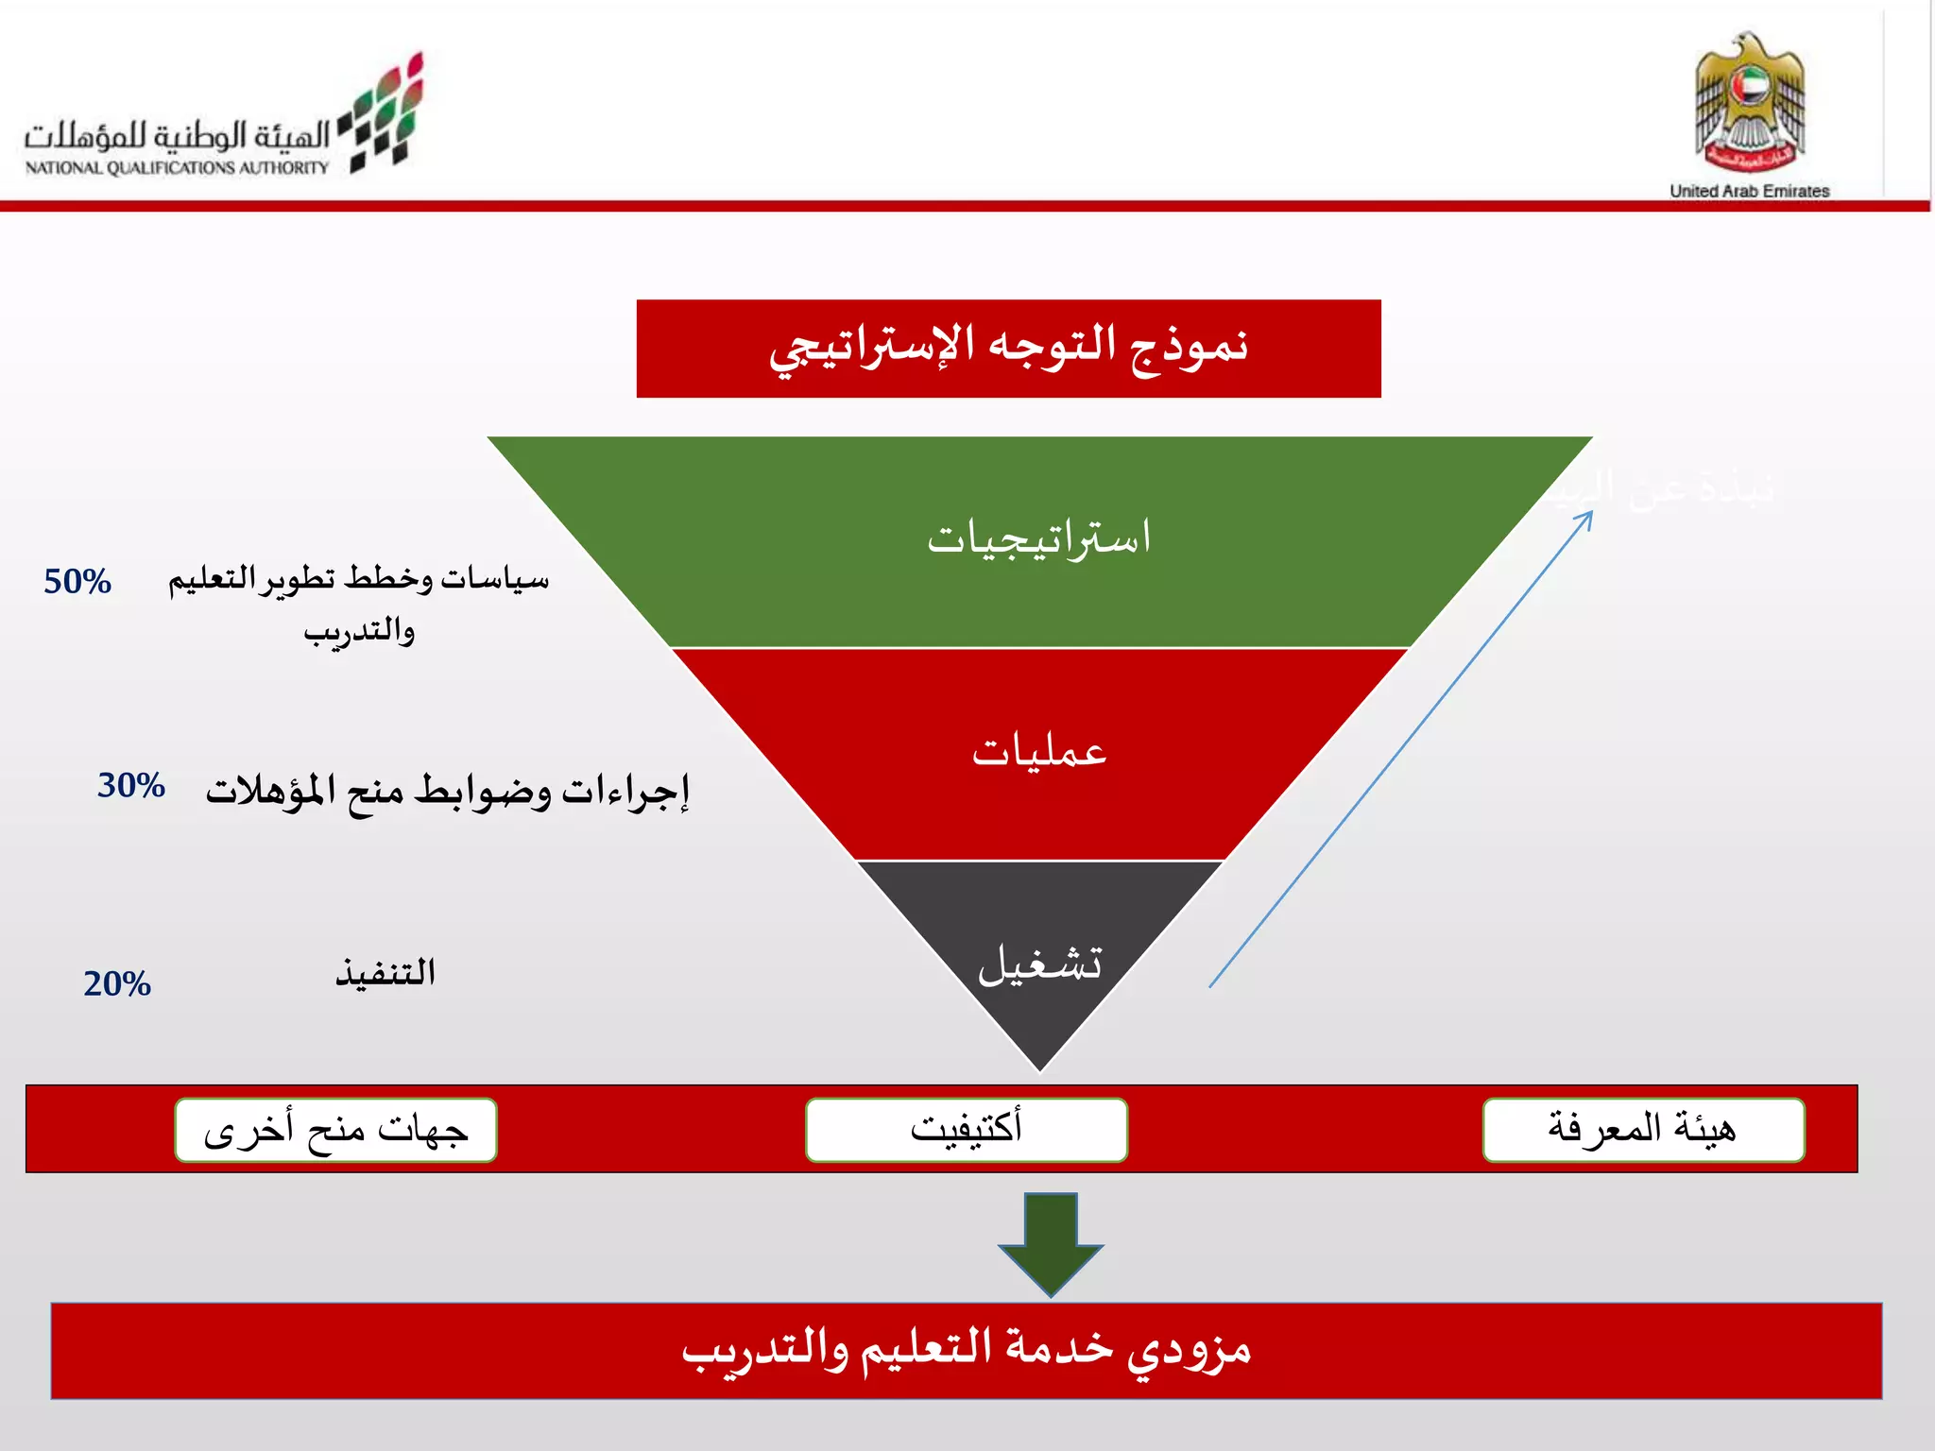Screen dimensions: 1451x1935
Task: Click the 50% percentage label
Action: click(77, 582)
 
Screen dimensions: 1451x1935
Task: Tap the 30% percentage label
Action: click(131, 786)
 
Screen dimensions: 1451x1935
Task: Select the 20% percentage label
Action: click(117, 984)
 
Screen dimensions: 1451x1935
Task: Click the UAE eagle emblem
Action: click(1749, 104)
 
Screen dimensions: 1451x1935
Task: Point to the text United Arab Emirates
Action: click(1749, 191)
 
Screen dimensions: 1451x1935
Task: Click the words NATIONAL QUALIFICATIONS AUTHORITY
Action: click(177, 168)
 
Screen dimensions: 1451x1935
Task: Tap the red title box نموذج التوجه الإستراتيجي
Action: click(1008, 349)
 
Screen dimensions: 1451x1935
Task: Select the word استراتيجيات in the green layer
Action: click(1039, 538)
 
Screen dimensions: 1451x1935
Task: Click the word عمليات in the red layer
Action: click(1039, 752)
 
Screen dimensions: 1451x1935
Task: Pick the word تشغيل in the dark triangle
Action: click(1039, 964)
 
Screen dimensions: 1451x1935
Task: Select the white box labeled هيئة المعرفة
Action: click(1643, 1129)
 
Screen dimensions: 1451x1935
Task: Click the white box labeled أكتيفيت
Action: click(966, 1129)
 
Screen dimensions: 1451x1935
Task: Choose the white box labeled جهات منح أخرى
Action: click(335, 1129)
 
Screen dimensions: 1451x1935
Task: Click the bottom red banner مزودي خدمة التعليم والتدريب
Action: click(966, 1350)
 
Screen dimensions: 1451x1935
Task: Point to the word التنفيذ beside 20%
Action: click(385, 973)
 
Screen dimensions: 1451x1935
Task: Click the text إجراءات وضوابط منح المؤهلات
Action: click(447, 791)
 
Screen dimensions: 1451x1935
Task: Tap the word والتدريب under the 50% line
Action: click(359, 631)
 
